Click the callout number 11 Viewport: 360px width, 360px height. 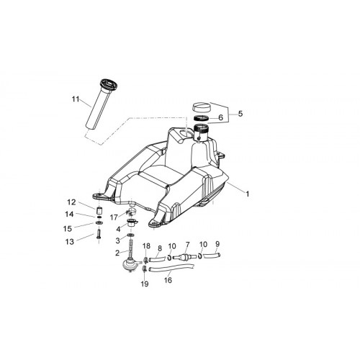(76, 99)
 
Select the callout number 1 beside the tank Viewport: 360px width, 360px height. (247, 194)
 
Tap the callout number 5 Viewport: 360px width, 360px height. (240, 113)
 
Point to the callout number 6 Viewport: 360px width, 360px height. (220, 117)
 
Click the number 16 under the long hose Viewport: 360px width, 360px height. (168, 280)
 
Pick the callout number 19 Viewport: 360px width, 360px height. (145, 284)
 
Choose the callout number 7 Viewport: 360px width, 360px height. (187, 245)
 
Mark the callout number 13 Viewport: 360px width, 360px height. (70, 242)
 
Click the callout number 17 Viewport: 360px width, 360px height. (114, 217)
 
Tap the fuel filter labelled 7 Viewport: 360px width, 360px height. (184, 258)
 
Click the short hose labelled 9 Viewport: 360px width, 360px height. (212, 256)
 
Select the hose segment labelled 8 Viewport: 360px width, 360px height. (158, 259)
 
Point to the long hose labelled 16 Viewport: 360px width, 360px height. (171, 268)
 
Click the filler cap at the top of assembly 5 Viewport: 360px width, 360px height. (202, 107)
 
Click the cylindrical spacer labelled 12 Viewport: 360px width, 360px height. (99, 210)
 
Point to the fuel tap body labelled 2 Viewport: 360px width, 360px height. (130, 264)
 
